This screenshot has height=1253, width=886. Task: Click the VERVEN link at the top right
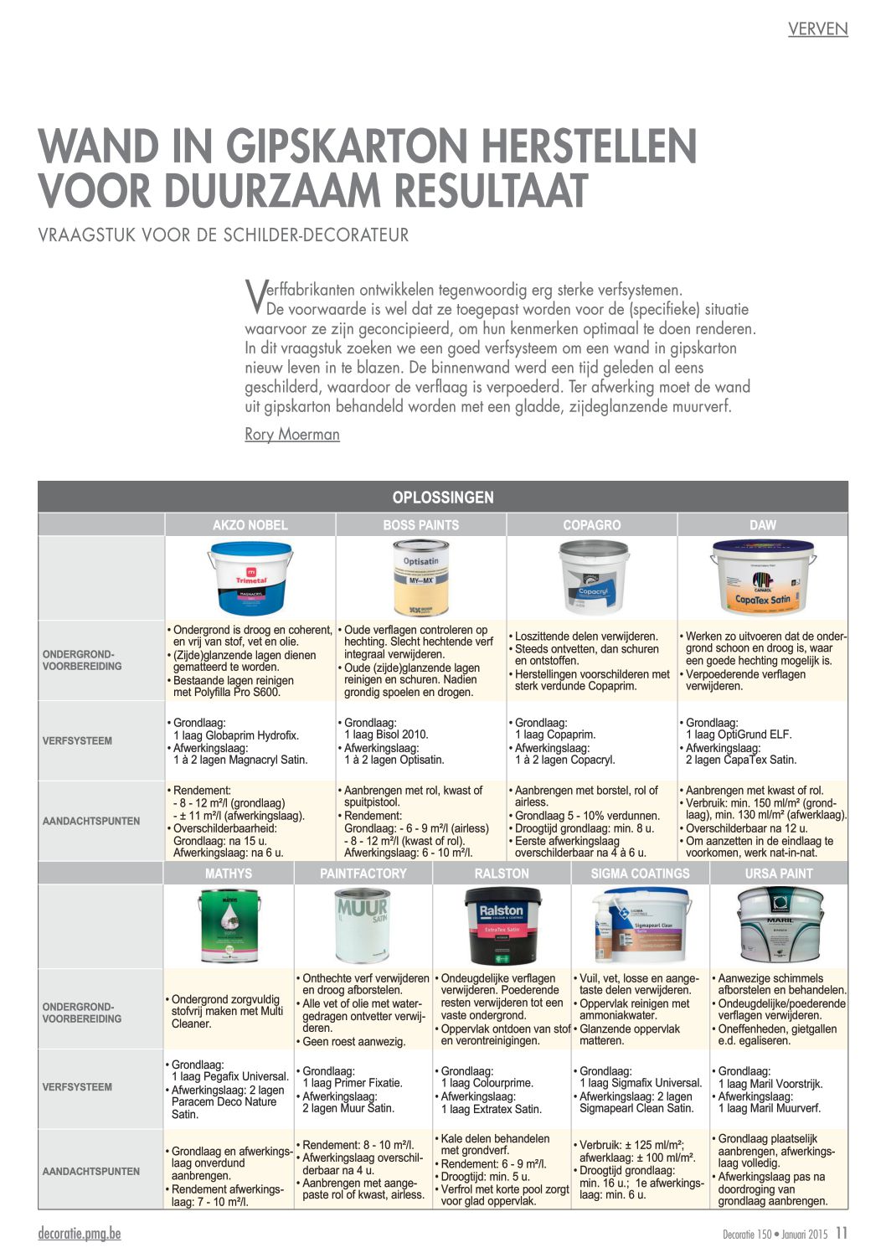(817, 29)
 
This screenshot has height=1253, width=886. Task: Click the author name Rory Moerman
(291, 434)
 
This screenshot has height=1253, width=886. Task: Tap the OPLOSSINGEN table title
(443, 497)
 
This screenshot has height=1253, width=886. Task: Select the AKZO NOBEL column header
(250, 525)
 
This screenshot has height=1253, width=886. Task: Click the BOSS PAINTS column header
(420, 525)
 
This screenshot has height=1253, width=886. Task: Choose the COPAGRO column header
(591, 525)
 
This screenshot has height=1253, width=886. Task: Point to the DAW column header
(762, 525)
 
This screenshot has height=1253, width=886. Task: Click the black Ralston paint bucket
(501, 926)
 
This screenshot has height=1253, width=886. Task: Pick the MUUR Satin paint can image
(363, 926)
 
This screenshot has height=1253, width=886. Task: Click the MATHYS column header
(229, 874)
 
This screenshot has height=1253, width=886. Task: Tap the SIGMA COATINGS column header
(640, 874)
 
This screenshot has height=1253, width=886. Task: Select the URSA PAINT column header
(779, 874)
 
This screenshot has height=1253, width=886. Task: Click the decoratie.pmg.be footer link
(80, 1234)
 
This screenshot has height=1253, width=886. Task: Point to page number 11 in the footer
(842, 1234)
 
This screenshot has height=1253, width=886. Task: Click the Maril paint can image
(779, 926)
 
